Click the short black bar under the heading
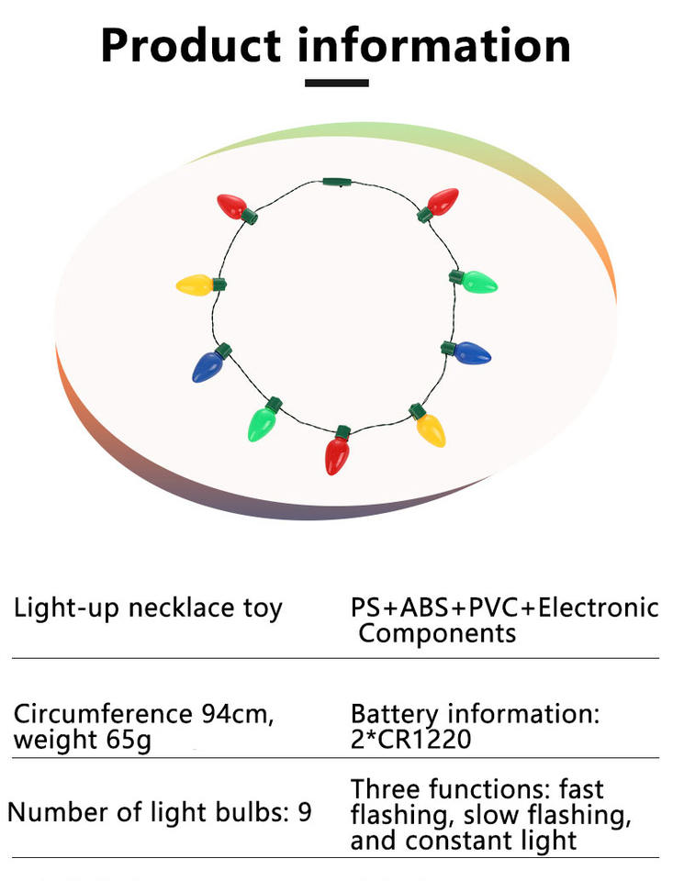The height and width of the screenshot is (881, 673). pyautogui.click(x=336, y=83)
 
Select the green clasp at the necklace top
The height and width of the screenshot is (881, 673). pyautogui.click(x=337, y=184)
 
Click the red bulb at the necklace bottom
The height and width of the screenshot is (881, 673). pyautogui.click(x=338, y=452)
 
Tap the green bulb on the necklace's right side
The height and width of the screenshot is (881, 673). pyautogui.click(x=477, y=281)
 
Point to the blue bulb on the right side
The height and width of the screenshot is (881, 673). pyautogui.click(x=471, y=352)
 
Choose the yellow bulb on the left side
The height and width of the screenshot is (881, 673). pyautogui.click(x=196, y=284)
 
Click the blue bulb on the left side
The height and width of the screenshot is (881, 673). pyautogui.click(x=208, y=365)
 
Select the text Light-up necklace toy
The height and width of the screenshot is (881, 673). pyautogui.click(x=148, y=608)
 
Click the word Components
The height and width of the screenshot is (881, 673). pyautogui.click(x=437, y=633)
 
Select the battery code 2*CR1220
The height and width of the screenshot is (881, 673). pyautogui.click(x=410, y=739)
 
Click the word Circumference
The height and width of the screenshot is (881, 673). pyautogui.click(x=103, y=714)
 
